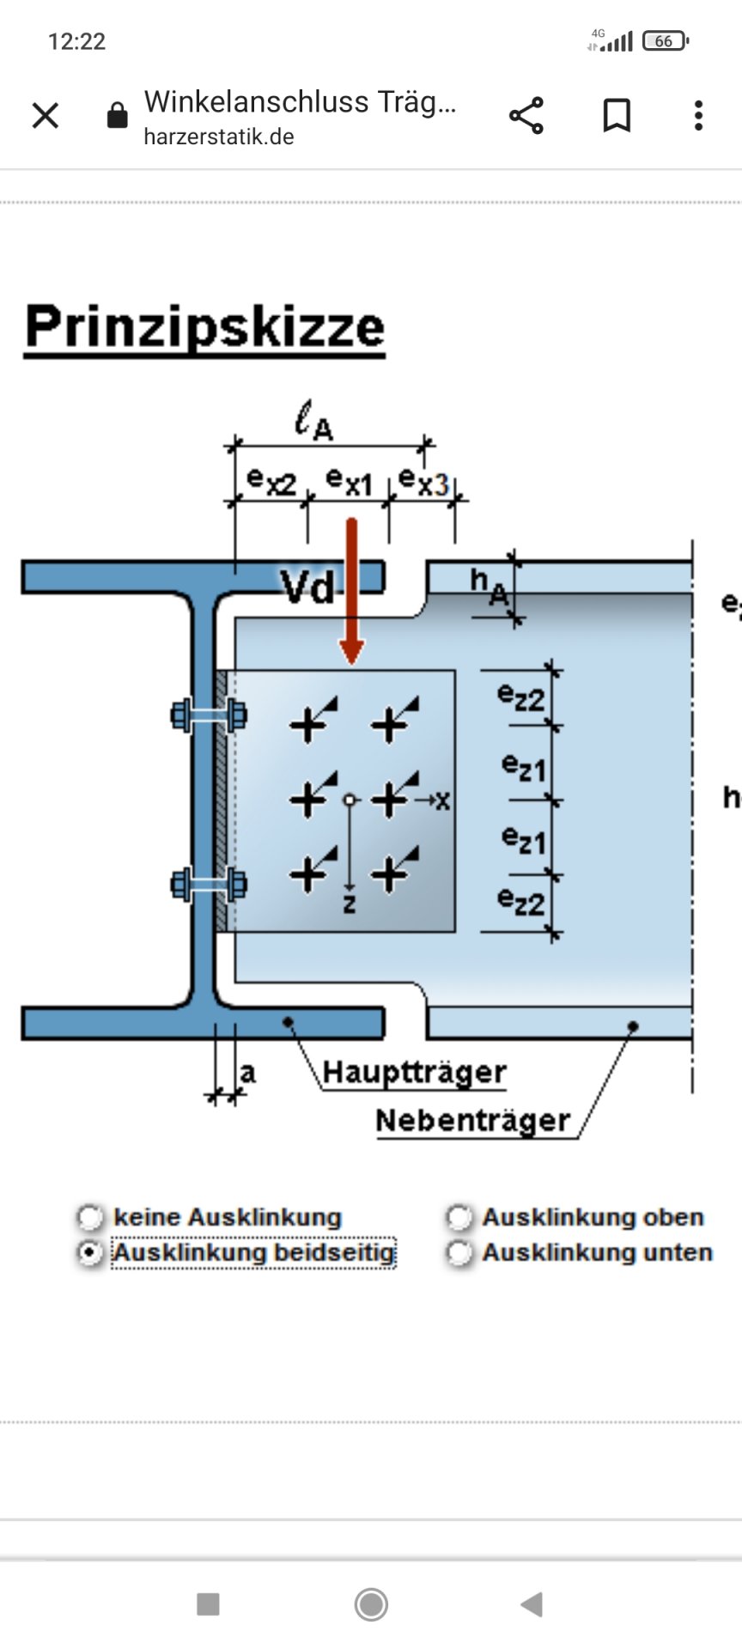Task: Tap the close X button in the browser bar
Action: [46, 115]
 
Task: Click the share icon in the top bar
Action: [526, 115]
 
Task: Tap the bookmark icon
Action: [617, 115]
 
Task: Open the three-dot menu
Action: [698, 115]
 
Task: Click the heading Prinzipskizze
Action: [204, 327]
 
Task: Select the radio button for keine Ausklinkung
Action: [90, 1217]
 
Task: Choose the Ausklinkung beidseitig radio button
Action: [90, 1253]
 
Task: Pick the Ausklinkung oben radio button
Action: [459, 1217]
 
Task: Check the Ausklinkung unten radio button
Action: [459, 1253]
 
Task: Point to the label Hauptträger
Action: [414, 1073]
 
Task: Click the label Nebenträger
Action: [472, 1121]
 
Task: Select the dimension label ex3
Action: [423, 481]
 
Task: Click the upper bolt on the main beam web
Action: [210, 715]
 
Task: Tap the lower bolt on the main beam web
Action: [210, 884]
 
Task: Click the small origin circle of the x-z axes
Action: [349, 800]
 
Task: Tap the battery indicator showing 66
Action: [666, 40]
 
